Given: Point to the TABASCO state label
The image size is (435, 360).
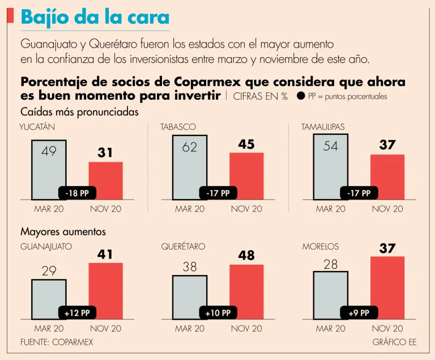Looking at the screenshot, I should click(178, 127).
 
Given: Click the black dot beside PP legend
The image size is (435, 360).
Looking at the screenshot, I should click(301, 96).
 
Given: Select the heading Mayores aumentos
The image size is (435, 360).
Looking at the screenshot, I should click(63, 232).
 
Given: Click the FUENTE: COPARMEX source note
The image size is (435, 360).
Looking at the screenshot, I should click(57, 342).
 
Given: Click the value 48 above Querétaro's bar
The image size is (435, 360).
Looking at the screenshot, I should click(246, 256).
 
